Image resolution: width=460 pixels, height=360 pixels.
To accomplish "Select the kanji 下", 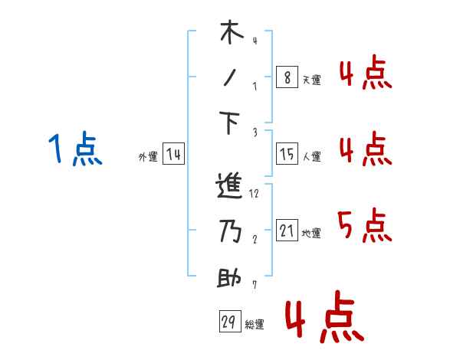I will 231,123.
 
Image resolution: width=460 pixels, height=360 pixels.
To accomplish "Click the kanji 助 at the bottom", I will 231,277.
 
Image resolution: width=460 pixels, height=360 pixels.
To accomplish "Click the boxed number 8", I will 286,77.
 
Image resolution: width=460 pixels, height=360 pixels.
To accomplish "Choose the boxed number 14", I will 174,155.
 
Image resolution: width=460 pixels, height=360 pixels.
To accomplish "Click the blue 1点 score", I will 75,149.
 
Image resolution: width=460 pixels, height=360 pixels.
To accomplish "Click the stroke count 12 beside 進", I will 254,194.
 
